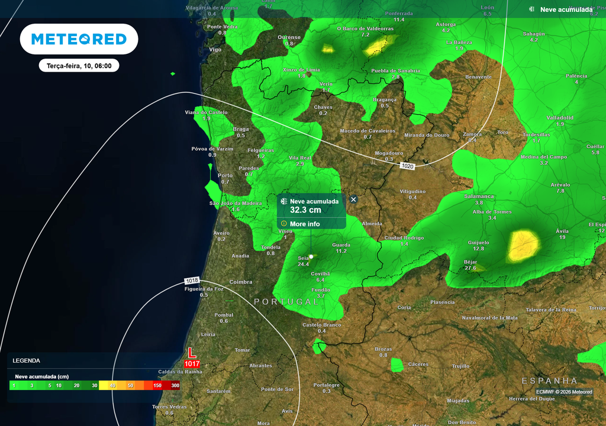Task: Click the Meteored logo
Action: click(x=79, y=39)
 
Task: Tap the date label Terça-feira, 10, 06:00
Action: click(x=79, y=66)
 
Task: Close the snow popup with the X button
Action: click(x=353, y=199)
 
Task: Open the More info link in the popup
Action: click(x=305, y=224)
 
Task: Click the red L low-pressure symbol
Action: click(x=191, y=353)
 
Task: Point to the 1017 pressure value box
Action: click(x=192, y=363)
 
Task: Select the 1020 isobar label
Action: click(x=407, y=166)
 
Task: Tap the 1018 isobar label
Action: click(x=192, y=280)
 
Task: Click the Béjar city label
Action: click(x=470, y=261)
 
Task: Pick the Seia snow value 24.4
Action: click(x=304, y=264)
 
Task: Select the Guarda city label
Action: click(x=341, y=244)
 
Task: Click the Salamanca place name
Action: click(x=479, y=196)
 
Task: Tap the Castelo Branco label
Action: click(x=321, y=325)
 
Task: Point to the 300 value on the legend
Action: click(x=175, y=385)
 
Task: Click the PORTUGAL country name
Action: click(x=286, y=302)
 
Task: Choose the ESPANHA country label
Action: click(x=549, y=380)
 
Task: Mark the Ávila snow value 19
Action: click(x=562, y=237)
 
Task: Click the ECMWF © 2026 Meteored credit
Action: click(x=564, y=392)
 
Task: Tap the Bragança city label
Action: click(x=385, y=99)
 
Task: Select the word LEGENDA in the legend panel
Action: click(x=27, y=360)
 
